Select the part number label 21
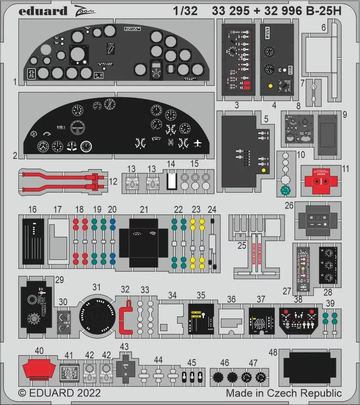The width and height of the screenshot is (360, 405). click(x=144, y=210)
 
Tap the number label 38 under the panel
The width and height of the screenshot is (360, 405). click(x=298, y=300)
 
